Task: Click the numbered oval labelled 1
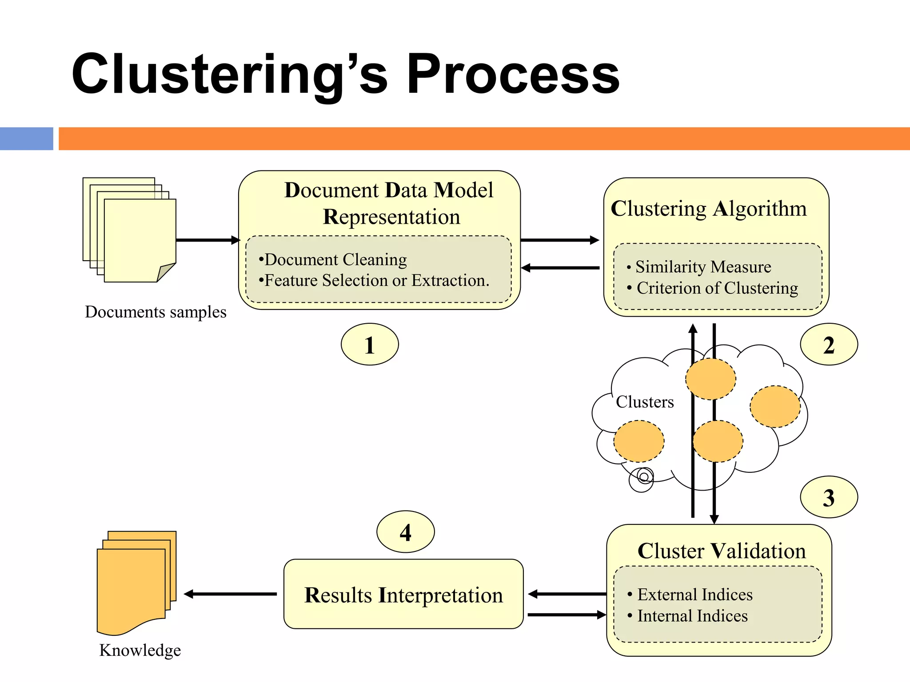point(370,345)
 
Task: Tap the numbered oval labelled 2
point(829,345)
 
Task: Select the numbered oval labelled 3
point(829,497)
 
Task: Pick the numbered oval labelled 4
point(405,532)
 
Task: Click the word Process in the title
point(513,75)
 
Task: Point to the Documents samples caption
point(156,312)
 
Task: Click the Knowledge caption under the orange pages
point(140,650)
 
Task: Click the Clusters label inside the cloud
point(645,402)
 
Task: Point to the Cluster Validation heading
point(721,551)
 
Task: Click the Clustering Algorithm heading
point(708,208)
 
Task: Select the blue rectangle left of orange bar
point(27,139)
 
